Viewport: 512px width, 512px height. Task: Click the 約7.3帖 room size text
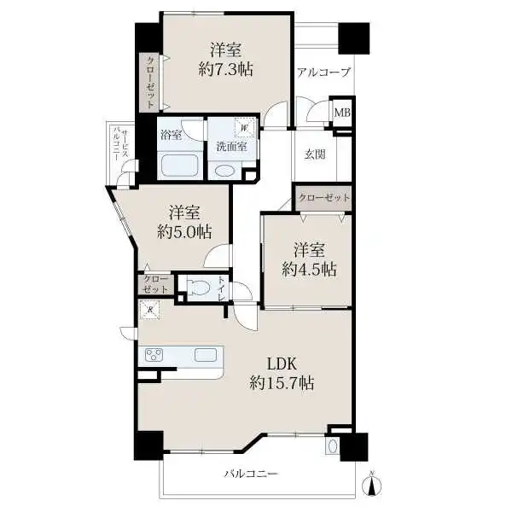(225, 70)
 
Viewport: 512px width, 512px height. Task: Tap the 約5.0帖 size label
(184, 232)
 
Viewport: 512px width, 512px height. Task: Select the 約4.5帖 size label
(309, 270)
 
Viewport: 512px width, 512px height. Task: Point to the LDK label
(282, 364)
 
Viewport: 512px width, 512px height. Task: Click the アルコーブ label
(324, 73)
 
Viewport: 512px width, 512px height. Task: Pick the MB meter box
(342, 113)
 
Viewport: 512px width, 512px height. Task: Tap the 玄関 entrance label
(315, 154)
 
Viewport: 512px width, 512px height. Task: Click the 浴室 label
(172, 135)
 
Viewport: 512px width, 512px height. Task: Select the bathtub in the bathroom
(178, 166)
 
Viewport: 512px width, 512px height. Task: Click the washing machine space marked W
(244, 127)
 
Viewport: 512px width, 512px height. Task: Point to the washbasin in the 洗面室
(224, 171)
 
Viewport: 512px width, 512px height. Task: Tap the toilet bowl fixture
(199, 288)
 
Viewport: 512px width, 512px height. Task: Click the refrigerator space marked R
(149, 310)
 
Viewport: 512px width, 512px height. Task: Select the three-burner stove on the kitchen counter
(154, 355)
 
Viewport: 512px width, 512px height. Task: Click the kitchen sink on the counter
(206, 355)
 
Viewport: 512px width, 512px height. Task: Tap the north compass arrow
(371, 483)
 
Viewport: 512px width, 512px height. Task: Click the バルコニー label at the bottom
(252, 474)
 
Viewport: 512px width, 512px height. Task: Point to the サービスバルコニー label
(120, 145)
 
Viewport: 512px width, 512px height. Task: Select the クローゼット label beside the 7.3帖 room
(150, 82)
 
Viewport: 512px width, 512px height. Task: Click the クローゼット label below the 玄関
(324, 198)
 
